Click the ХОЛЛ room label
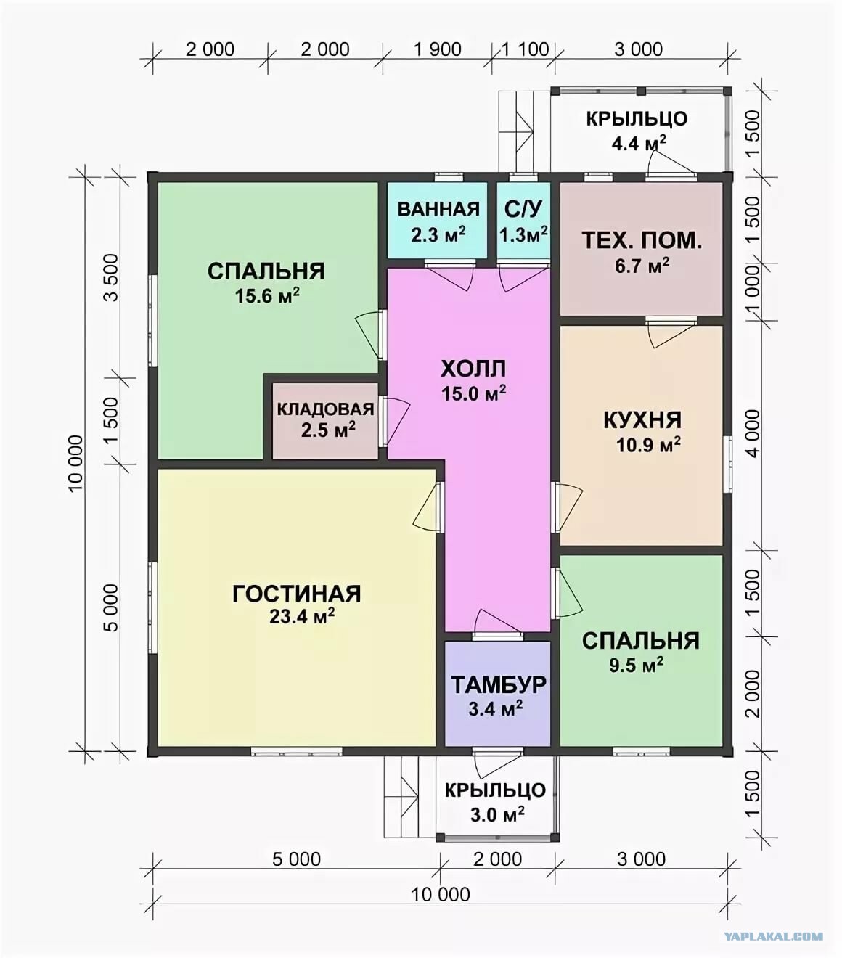tap(473, 369)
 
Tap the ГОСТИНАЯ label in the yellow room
tap(297, 594)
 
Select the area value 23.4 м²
tap(302, 616)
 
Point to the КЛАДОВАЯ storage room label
tap(325, 409)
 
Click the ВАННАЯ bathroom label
tap(438, 209)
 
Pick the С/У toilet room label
tap(523, 208)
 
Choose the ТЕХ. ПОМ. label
tap(642, 241)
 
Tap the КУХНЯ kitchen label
tap(642, 420)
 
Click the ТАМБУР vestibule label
tap(498, 684)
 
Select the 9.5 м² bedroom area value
tap(637, 665)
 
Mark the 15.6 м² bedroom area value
tap(267, 296)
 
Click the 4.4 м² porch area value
tap(639, 142)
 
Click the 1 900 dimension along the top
tap(438, 49)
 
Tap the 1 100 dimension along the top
tap(525, 49)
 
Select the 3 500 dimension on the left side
tap(112, 277)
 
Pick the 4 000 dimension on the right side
tap(752, 433)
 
